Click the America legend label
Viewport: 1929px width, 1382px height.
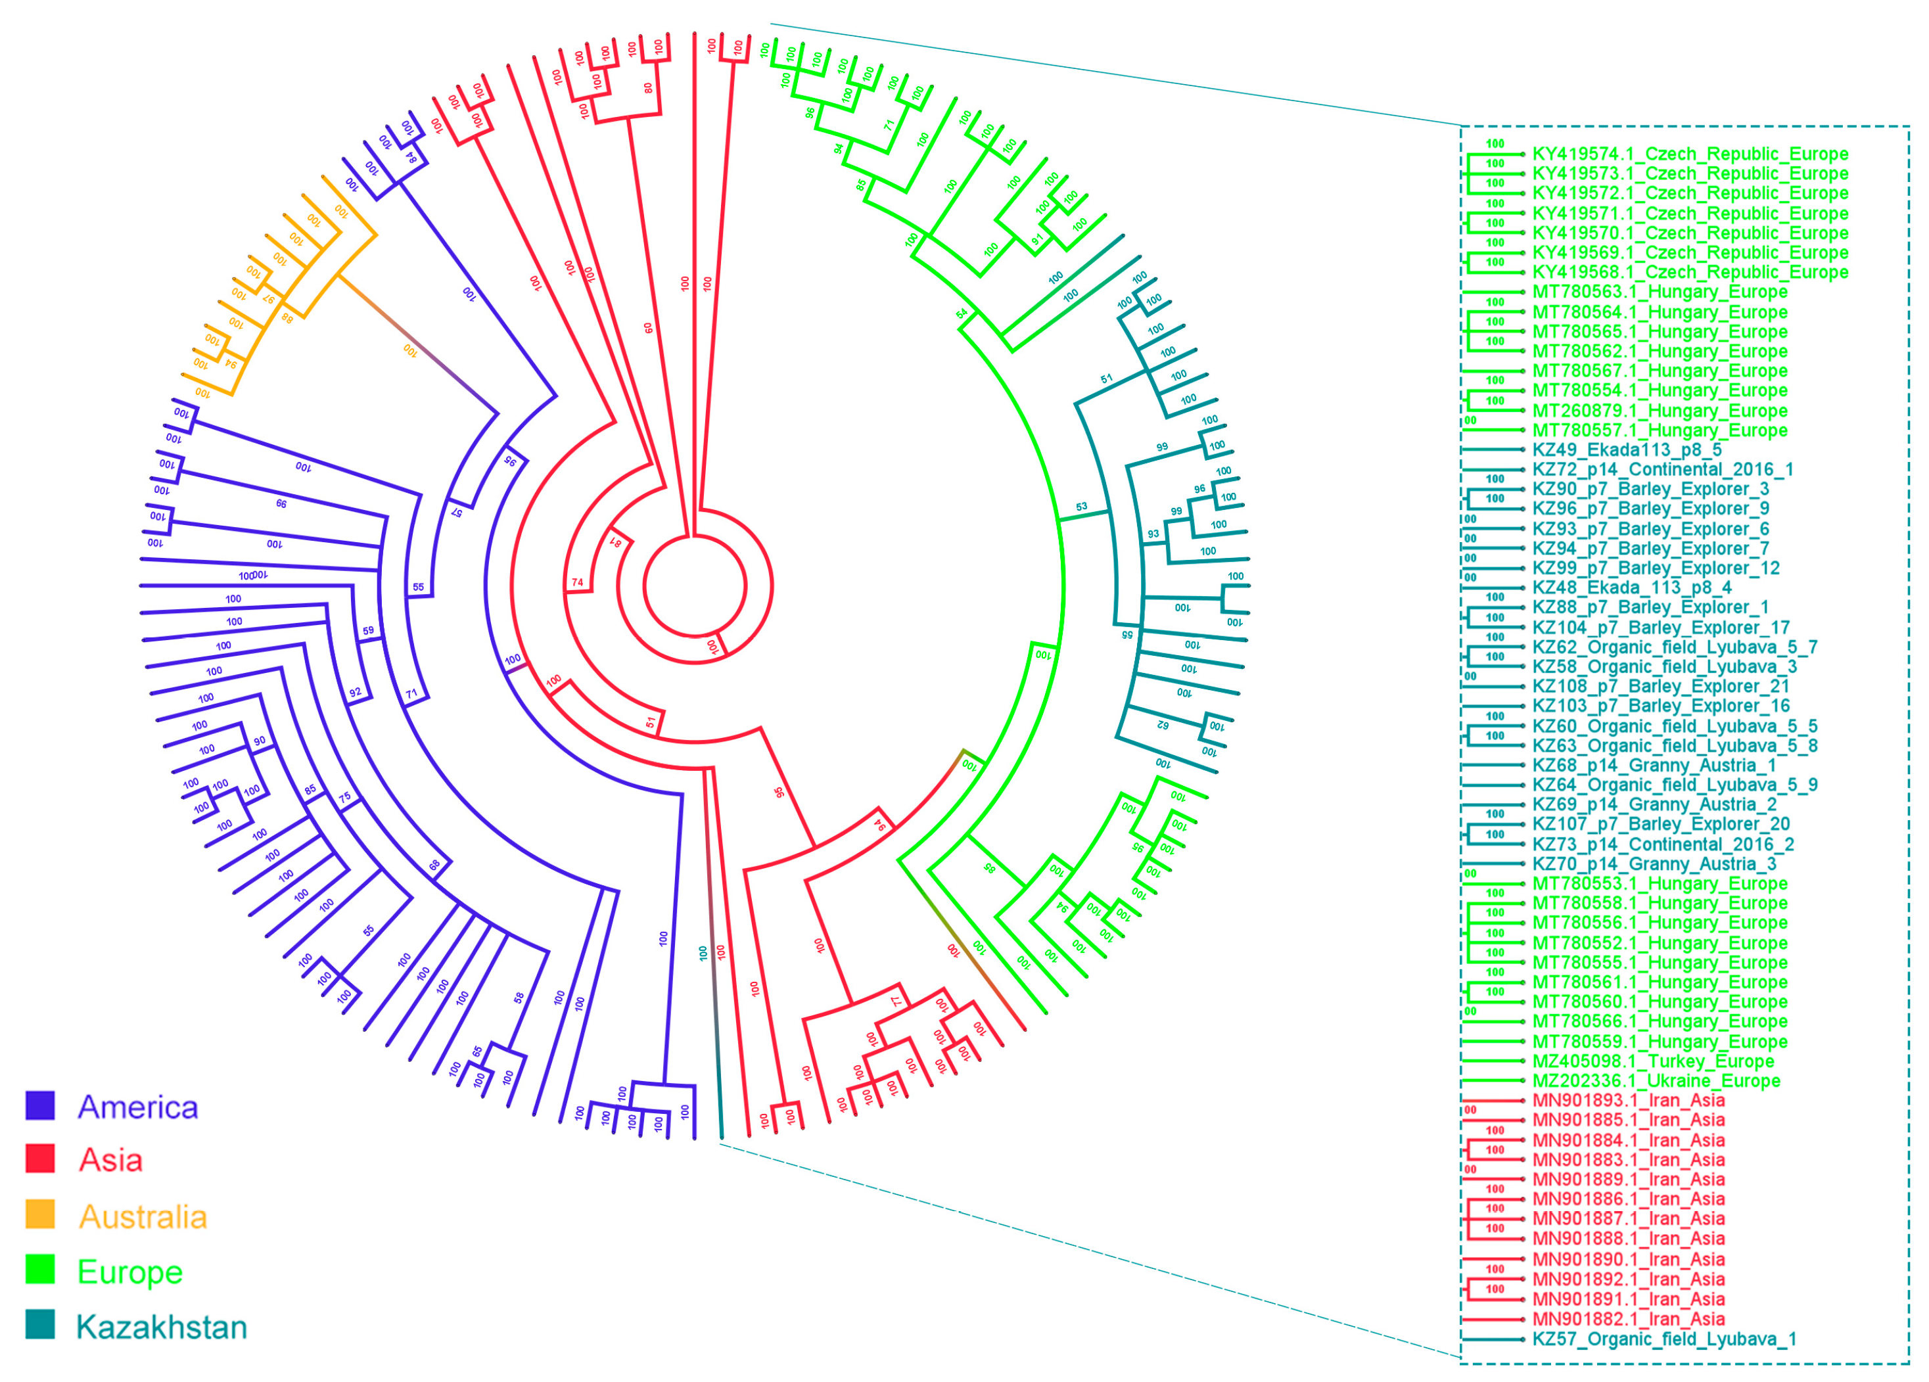(x=138, y=1107)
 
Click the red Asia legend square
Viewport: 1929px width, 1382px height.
(x=40, y=1159)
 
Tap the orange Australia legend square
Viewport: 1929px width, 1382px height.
(x=40, y=1214)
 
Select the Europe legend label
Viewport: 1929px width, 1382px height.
(x=129, y=1272)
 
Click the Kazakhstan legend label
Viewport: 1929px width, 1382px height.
(x=161, y=1327)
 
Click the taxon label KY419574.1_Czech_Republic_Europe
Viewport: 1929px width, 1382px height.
(x=1690, y=154)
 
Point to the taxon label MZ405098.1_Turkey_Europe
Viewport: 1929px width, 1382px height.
(x=1652, y=1061)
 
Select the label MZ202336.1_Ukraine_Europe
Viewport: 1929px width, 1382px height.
(x=1656, y=1081)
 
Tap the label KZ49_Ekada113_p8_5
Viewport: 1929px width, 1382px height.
(x=1626, y=450)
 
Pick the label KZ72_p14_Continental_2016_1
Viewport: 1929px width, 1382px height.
(x=1663, y=469)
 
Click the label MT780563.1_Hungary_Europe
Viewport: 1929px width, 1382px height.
(x=1660, y=292)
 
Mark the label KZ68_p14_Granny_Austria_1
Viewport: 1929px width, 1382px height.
(x=1654, y=766)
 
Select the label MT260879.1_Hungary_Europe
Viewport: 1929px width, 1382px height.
(x=1660, y=411)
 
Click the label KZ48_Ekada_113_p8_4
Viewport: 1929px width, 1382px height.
(x=1631, y=587)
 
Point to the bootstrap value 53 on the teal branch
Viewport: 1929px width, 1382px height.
(x=1081, y=507)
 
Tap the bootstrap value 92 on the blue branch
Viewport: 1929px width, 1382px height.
(x=355, y=692)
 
